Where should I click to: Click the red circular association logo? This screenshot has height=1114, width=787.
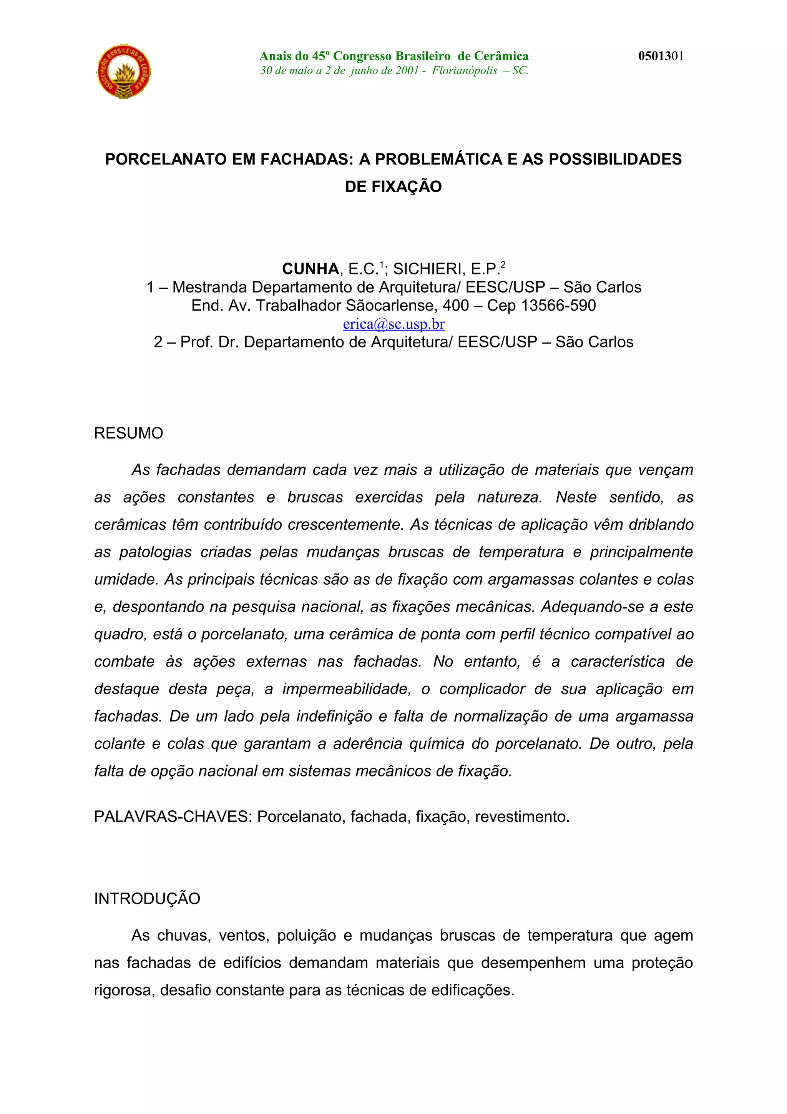[124, 72]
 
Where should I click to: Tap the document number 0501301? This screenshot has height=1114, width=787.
[661, 56]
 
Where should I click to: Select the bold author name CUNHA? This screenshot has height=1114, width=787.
[310, 269]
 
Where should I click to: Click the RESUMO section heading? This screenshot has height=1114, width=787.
[128, 433]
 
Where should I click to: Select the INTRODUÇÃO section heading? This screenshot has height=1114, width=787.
[147, 899]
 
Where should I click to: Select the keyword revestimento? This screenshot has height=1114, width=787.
[522, 816]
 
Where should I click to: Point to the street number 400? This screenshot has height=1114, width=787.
[455, 306]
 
